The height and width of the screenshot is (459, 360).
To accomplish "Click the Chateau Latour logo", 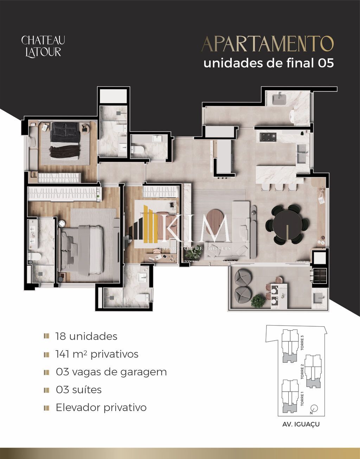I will click(43, 46).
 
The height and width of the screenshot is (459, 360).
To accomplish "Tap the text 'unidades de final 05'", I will click(269, 63).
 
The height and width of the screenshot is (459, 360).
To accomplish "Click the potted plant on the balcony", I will click(258, 301).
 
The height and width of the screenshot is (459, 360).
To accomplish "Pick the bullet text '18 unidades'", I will click(86, 336).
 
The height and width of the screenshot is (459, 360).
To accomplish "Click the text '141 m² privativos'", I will click(97, 354).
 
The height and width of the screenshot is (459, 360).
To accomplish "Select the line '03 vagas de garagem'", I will click(111, 372).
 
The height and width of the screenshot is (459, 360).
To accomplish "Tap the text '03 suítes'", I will click(79, 390).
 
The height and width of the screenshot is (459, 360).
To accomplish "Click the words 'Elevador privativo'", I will click(101, 408).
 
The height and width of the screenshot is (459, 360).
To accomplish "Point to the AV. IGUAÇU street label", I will click(301, 424).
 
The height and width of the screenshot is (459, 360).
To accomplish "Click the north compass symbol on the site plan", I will click(314, 408).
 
